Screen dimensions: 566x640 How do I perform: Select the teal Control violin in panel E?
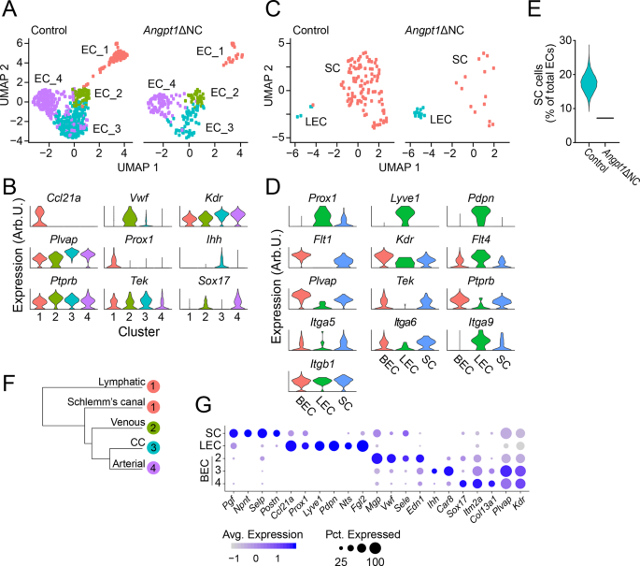pyautogui.click(x=588, y=83)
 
